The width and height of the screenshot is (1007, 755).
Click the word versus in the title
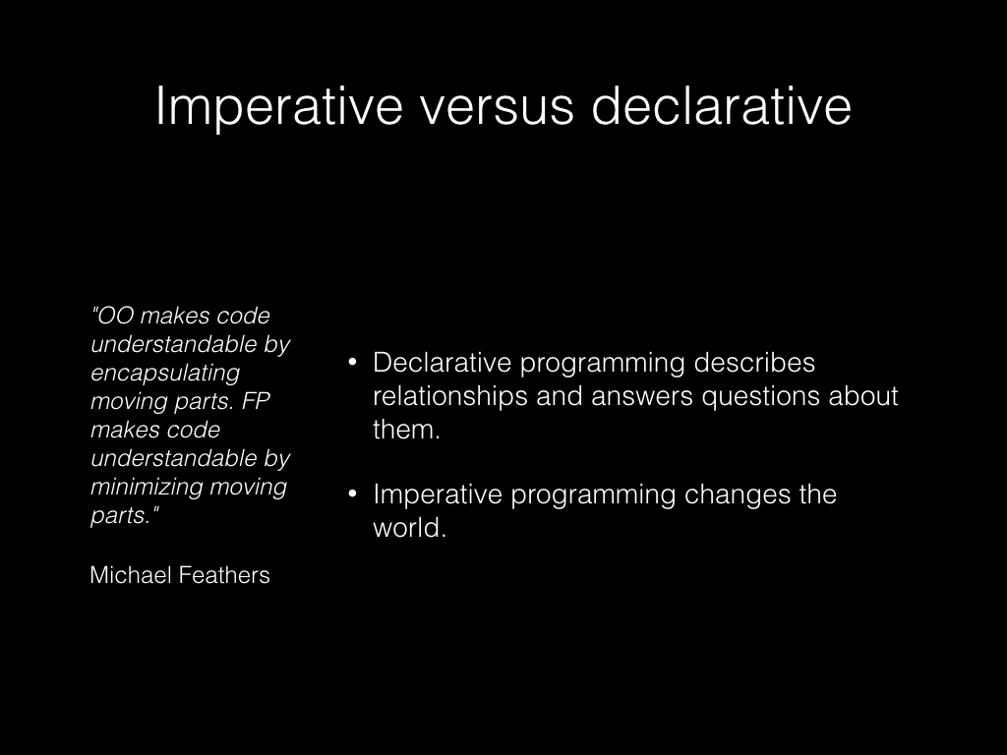(497, 106)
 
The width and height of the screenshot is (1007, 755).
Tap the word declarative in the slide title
(721, 104)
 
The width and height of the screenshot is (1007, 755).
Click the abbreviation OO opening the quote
(116, 316)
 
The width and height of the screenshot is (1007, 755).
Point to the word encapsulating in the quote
(165, 373)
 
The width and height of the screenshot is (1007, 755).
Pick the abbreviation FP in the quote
(256, 401)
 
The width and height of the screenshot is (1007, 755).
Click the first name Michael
(132, 574)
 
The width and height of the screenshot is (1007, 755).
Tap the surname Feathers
(225, 574)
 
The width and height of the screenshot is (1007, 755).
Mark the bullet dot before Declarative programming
(352, 363)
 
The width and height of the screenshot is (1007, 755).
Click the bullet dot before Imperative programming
(352, 494)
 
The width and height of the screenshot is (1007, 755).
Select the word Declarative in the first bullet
(442, 363)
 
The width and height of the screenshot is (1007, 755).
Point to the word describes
(754, 363)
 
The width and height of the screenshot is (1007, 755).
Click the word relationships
(450, 396)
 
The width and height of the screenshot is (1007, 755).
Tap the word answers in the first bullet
(641, 397)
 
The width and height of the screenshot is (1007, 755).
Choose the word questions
(760, 397)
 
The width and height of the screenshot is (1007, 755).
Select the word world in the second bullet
(406, 528)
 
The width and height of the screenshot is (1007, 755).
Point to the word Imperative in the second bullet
(438, 495)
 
